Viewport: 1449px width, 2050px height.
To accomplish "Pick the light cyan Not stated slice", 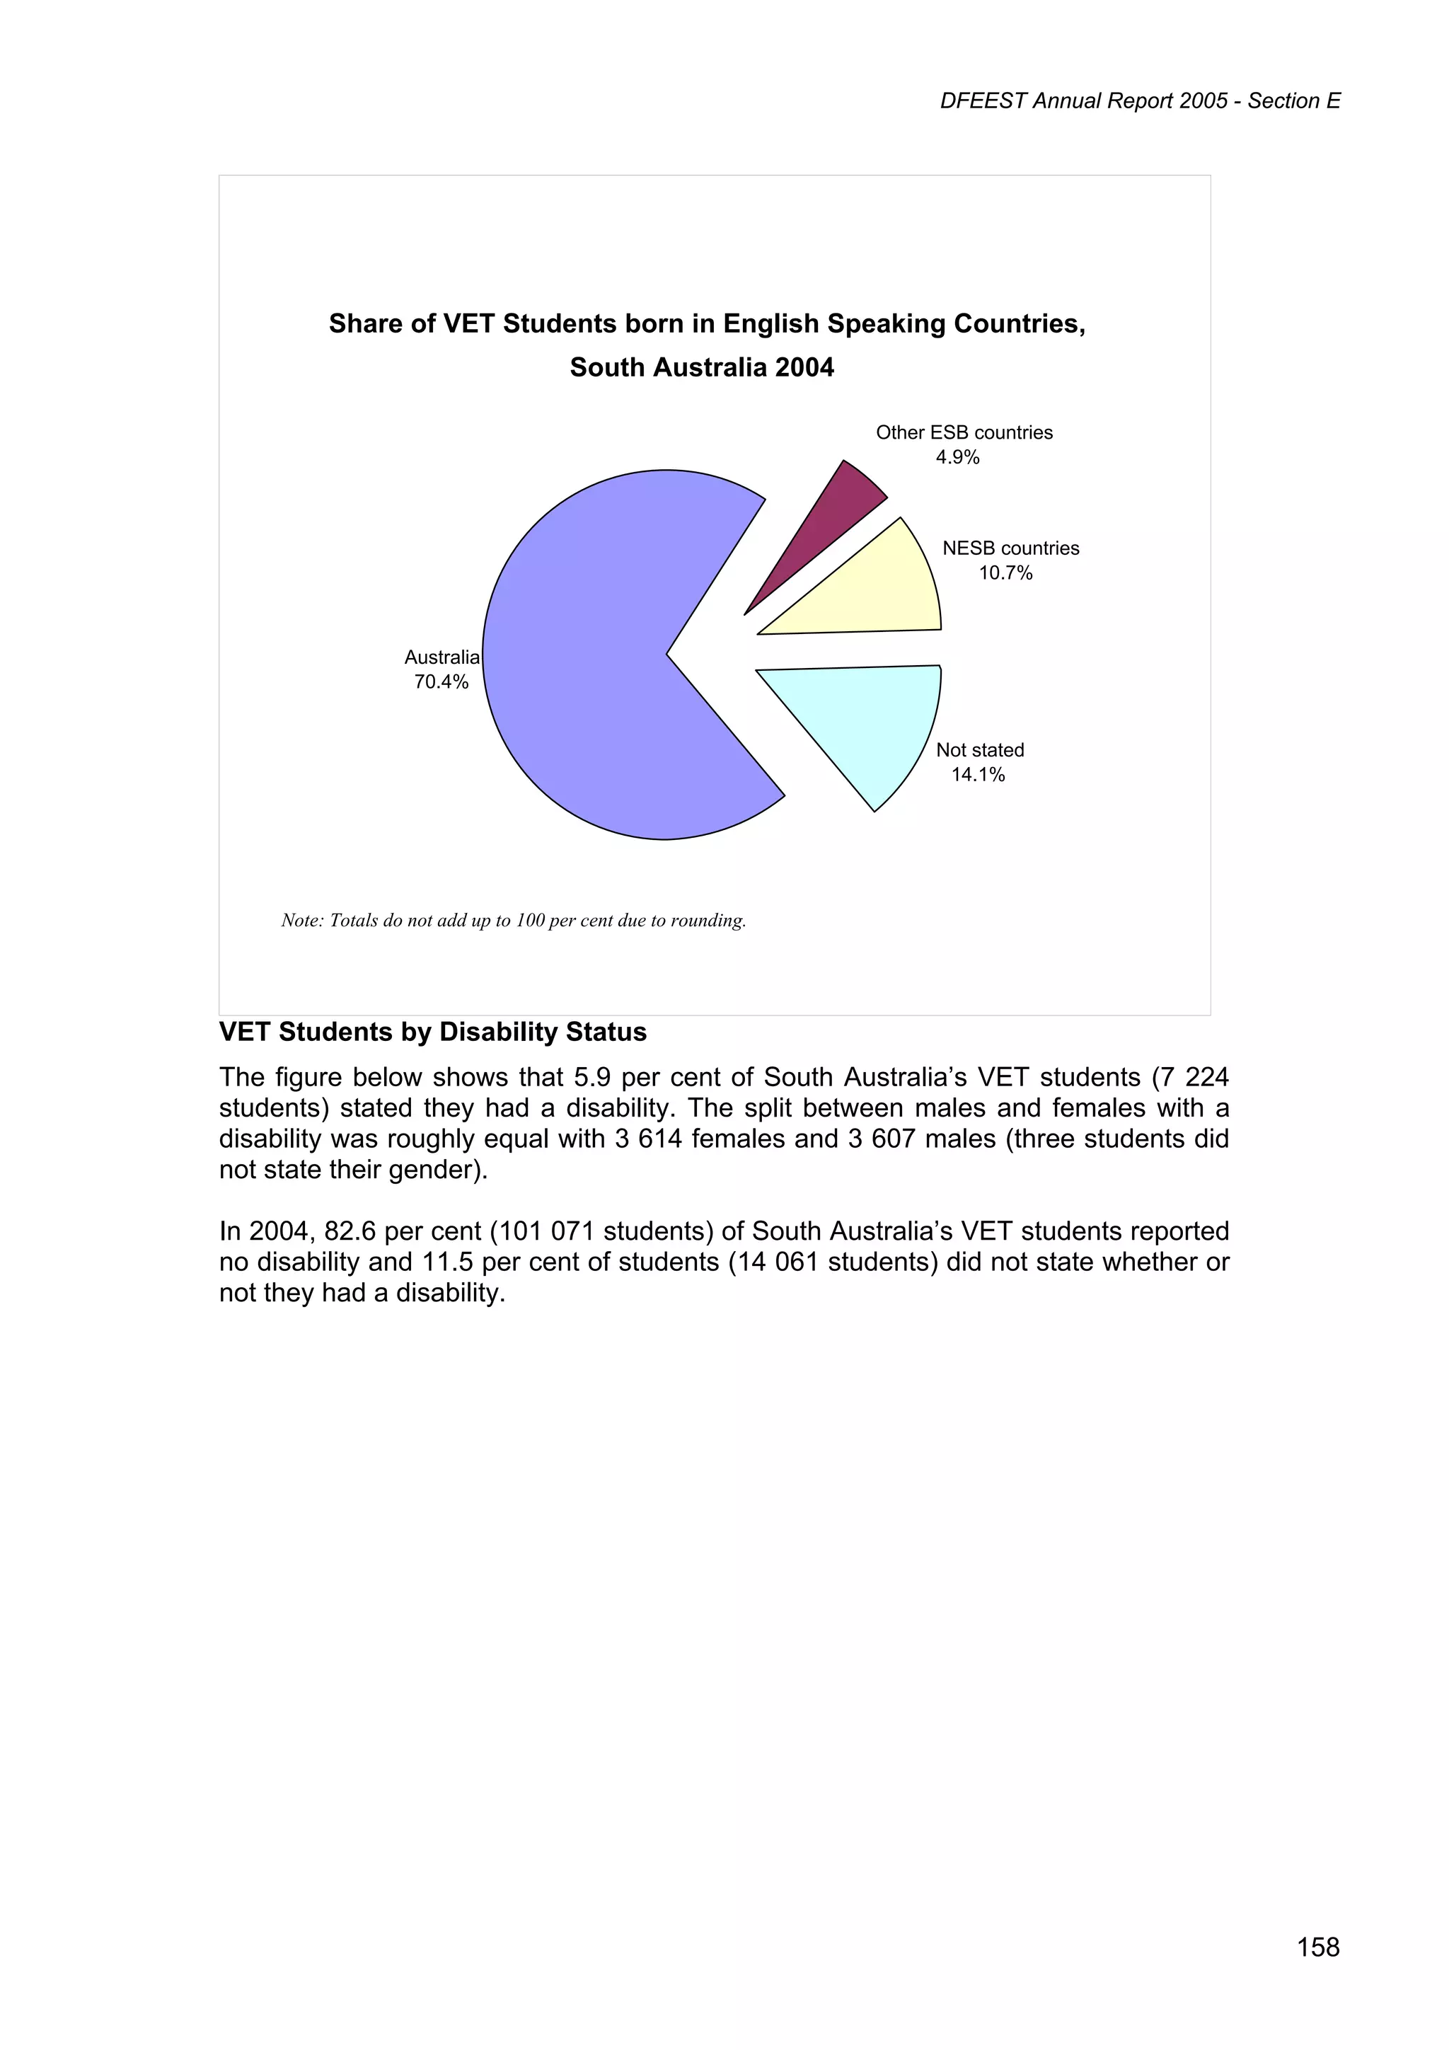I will tap(870, 723).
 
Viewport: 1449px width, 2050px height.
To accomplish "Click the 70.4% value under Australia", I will tap(441, 682).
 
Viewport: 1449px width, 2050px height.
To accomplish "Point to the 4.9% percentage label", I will tap(957, 457).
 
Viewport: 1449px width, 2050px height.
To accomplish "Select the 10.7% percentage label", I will tap(1005, 573).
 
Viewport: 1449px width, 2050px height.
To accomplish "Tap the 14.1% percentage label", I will tap(978, 775).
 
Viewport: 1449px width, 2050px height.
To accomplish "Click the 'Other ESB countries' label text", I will tap(964, 433).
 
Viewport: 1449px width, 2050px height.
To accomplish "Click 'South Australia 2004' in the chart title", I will tap(702, 368).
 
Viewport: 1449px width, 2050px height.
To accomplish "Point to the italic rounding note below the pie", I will tap(514, 921).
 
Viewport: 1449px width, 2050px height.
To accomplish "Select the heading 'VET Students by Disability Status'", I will tap(433, 1032).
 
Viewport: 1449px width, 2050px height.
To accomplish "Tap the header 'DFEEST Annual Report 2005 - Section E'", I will tap(1140, 102).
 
